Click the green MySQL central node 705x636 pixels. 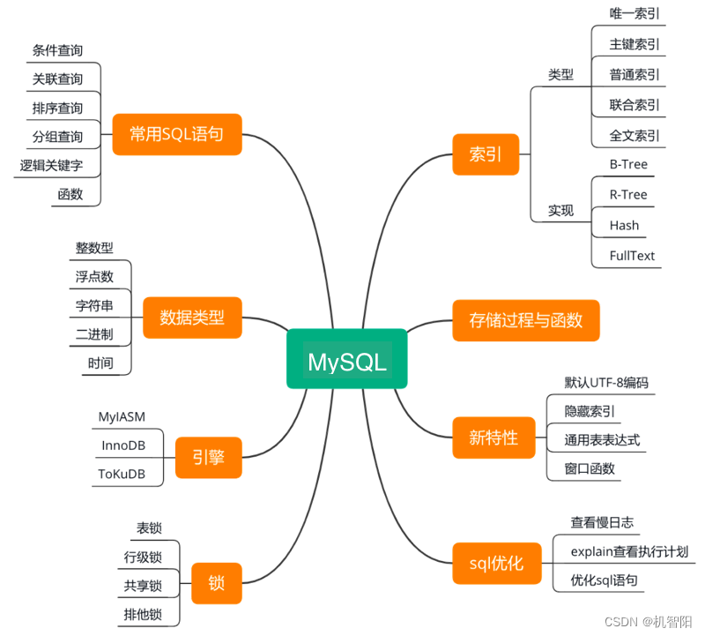point(346,358)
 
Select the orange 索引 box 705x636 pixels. point(486,154)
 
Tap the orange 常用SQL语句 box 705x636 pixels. point(176,135)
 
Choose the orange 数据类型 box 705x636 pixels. point(191,318)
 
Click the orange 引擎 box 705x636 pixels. point(208,457)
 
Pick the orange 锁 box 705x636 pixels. point(216,583)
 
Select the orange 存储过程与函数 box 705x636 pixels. point(525,320)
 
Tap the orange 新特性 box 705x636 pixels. point(493,437)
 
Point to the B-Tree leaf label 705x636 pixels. point(628,164)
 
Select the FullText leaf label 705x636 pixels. point(632,256)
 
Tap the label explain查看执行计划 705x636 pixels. point(629,552)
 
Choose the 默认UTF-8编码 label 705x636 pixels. point(606,382)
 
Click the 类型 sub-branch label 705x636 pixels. point(560,75)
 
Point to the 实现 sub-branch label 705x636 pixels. point(560,211)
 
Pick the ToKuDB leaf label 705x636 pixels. point(122,475)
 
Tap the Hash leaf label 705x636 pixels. point(624,225)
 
